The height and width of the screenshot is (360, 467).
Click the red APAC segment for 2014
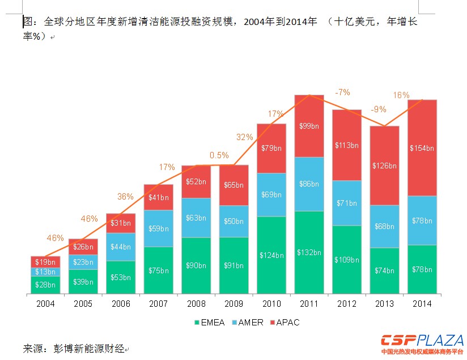click(422, 148)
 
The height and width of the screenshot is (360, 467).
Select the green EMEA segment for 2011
click(309, 252)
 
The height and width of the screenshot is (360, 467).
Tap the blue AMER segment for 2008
click(196, 217)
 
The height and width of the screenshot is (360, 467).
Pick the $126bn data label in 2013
click(384, 166)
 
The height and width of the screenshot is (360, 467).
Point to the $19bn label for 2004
click(45, 262)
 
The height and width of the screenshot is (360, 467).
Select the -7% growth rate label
click(342, 92)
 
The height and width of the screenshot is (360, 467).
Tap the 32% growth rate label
click(244, 137)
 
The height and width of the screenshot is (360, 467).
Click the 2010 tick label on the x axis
click(271, 304)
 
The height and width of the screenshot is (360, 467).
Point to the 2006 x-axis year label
click(121, 304)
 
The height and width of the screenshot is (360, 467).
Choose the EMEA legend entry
click(209, 323)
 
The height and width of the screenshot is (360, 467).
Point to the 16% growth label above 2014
click(401, 95)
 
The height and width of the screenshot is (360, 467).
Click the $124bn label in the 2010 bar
click(271, 255)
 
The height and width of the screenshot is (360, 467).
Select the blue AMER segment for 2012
click(346, 203)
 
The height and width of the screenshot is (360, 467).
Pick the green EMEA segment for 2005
click(83, 281)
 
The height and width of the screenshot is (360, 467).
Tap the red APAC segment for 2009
click(233, 185)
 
